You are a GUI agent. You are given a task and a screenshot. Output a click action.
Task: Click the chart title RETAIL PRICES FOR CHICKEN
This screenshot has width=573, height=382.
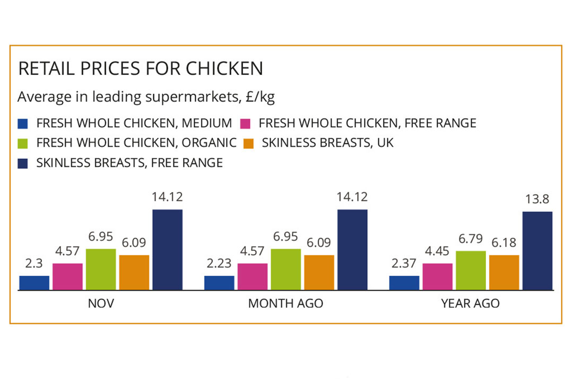pos(141,69)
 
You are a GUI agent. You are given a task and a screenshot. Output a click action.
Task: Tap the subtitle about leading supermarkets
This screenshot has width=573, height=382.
pos(146,98)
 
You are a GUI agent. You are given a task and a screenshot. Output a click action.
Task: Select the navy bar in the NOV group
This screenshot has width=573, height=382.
pos(167,249)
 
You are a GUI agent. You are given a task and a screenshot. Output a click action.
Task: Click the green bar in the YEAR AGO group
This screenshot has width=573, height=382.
pos(471,271)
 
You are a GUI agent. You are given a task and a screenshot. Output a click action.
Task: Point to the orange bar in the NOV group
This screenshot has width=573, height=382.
pos(134,272)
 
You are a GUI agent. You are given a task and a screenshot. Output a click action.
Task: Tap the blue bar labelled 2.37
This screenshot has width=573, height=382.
pos(404,283)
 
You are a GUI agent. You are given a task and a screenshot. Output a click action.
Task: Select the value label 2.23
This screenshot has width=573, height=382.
pos(219,264)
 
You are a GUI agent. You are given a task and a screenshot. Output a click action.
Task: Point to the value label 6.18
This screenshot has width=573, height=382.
pos(504,243)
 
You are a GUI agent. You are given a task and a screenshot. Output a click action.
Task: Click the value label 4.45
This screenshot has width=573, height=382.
pos(438,251)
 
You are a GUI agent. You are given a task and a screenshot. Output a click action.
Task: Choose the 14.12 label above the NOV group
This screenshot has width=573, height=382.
pos(167,197)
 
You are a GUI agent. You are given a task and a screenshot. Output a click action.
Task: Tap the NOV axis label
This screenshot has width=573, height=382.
pos(101,303)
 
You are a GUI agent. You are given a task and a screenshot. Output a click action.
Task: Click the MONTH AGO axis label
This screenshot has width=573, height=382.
pos(285,303)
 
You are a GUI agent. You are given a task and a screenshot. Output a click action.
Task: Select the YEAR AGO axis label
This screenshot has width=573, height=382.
pos(471,303)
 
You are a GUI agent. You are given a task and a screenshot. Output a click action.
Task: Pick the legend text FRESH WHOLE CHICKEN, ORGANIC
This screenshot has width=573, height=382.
pos(136,143)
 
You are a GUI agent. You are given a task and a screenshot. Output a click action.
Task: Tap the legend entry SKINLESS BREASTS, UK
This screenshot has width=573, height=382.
pos(328,143)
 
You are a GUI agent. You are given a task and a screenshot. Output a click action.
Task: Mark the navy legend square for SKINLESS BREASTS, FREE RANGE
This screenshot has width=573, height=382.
pos(22,163)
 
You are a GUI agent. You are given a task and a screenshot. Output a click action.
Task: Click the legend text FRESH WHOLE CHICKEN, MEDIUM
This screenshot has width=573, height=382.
pos(134,124)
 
